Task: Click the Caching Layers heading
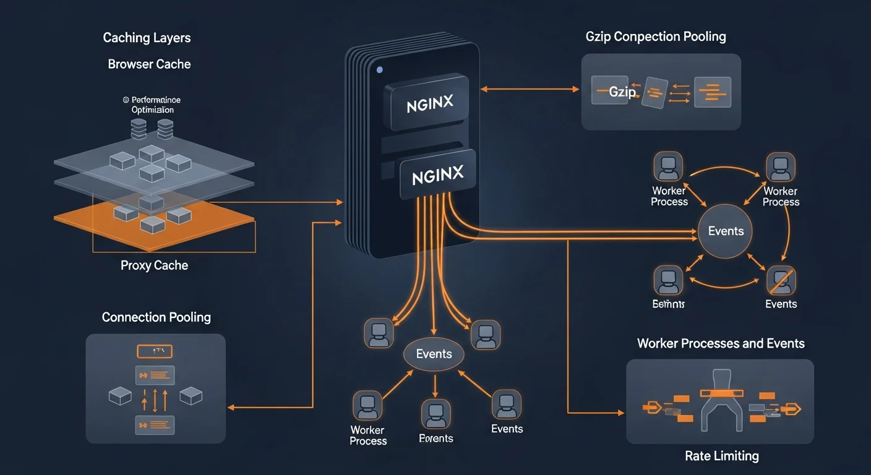click(147, 38)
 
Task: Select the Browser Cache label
click(149, 64)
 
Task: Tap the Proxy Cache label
click(154, 265)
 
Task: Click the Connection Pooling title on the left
click(156, 317)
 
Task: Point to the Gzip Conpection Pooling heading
click(656, 36)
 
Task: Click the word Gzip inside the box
click(622, 92)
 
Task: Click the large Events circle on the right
click(726, 231)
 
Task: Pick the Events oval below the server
click(434, 354)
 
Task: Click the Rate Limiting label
click(721, 456)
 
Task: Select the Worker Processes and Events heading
click(721, 343)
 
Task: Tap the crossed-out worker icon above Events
click(781, 280)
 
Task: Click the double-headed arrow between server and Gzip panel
click(530, 90)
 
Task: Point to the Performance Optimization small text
click(152, 105)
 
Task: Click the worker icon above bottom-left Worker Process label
click(367, 406)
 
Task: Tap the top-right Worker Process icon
click(780, 167)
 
